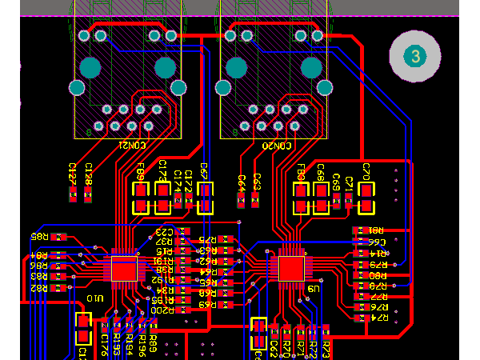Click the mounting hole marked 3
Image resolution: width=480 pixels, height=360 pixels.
(x=414, y=55)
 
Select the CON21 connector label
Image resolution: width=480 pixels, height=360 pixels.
(x=131, y=146)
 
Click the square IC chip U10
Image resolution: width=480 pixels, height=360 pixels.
(x=124, y=268)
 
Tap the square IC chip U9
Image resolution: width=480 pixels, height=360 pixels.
(x=291, y=267)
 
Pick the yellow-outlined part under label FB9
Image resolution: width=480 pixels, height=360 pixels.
(x=141, y=198)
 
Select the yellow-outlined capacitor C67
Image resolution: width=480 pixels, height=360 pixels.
(x=206, y=198)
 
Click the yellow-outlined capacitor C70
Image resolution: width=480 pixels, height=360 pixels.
(x=366, y=198)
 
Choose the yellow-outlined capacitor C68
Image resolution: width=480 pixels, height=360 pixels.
(x=321, y=198)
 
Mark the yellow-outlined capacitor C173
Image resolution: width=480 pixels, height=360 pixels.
(x=162, y=198)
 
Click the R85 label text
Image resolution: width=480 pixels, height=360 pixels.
(x=38, y=237)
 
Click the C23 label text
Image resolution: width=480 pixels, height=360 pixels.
(x=162, y=231)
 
